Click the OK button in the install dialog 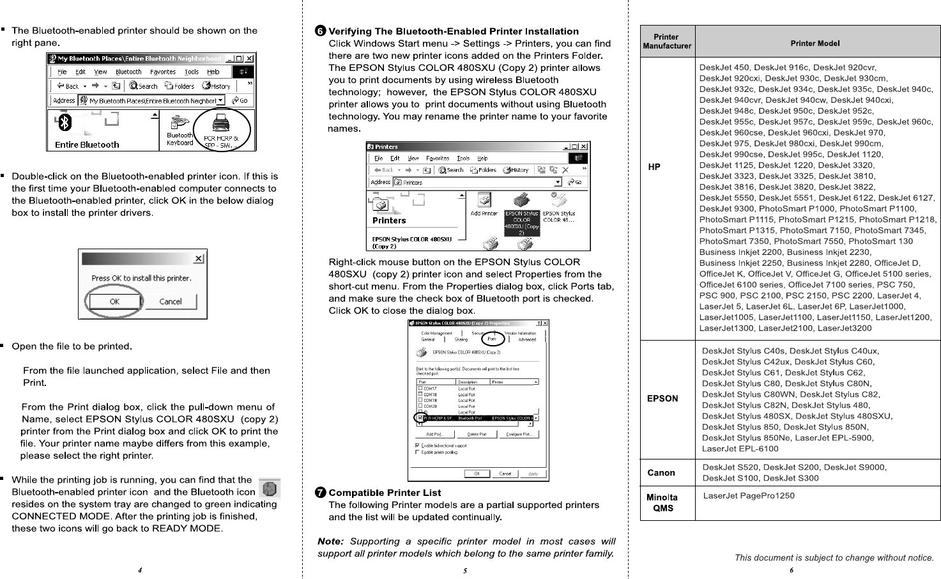click(114, 302)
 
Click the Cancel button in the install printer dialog click(170, 302)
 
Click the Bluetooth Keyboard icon click(180, 130)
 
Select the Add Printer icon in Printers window click(484, 205)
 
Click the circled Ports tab click(492, 339)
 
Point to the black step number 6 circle click(321, 31)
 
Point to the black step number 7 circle click(321, 493)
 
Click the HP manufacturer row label click(654, 167)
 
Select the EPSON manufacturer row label click(662, 399)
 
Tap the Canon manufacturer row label click(661, 473)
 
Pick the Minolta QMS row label click(662, 503)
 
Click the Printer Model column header click(815, 43)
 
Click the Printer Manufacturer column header click(667, 42)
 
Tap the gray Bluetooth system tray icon click(270, 489)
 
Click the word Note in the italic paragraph click(330, 541)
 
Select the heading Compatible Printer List click(385, 493)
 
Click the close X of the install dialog click(199, 258)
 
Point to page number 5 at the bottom click(465, 570)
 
